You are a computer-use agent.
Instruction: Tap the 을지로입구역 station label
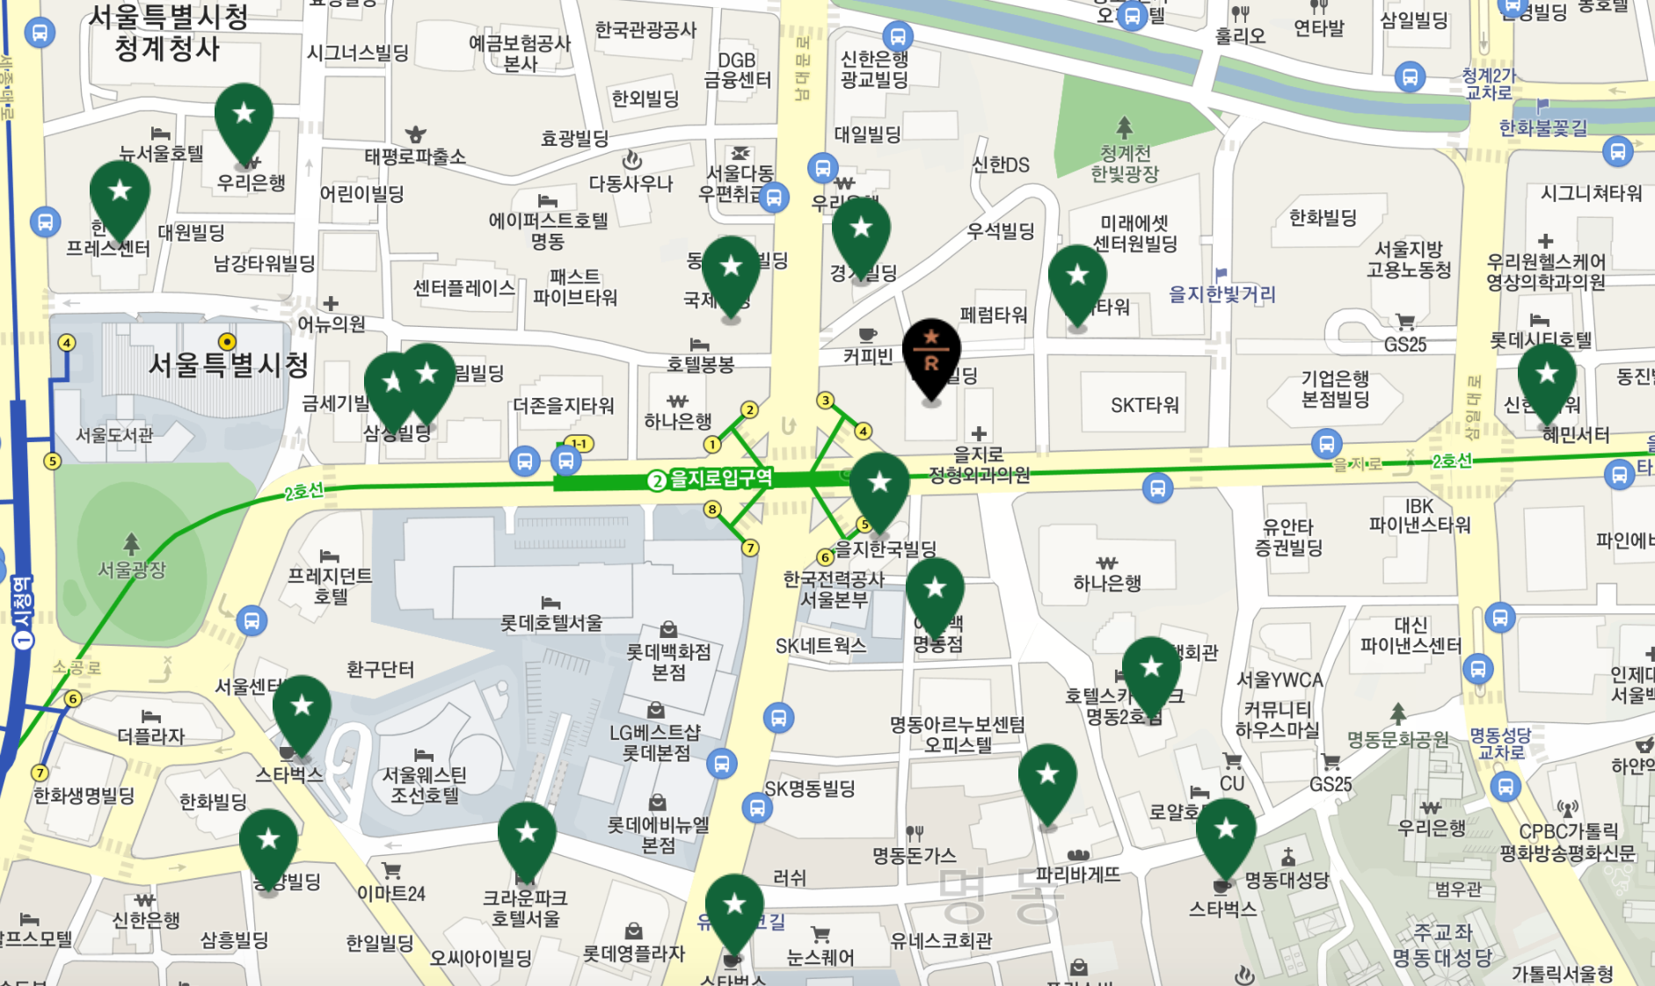[x=720, y=479]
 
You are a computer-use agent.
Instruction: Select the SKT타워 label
[x=1144, y=406]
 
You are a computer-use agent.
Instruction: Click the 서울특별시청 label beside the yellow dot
[x=229, y=364]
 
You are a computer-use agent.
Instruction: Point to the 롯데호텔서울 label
[x=551, y=623]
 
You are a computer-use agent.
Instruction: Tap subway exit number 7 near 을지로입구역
[x=750, y=548]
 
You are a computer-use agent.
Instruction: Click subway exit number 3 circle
[x=825, y=401]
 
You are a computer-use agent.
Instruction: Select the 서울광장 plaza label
[x=132, y=570]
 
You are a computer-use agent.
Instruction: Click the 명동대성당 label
[x=1287, y=880]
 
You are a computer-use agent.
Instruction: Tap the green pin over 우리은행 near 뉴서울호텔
[x=244, y=120]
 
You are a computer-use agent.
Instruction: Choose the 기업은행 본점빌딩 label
[x=1335, y=388]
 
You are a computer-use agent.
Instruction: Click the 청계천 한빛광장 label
[x=1125, y=163]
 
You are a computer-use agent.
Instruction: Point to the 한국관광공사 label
[x=645, y=30]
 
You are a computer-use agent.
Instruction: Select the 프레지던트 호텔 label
[x=330, y=586]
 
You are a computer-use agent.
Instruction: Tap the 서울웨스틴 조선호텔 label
[x=424, y=785]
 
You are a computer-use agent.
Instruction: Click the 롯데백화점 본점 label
[x=668, y=662]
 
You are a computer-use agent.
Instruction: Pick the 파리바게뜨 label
[x=1078, y=874]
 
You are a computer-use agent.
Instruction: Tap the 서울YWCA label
[x=1280, y=680]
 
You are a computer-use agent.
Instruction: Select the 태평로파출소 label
[x=415, y=156]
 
